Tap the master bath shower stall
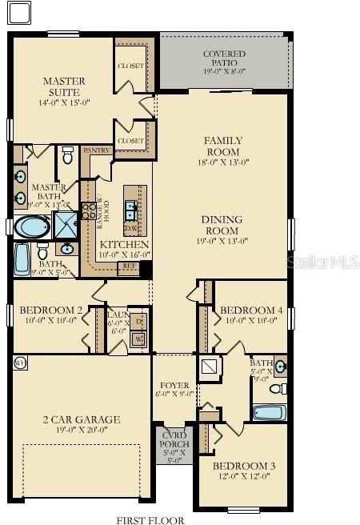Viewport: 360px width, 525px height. tap(63, 223)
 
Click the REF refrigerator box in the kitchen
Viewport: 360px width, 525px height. tap(128, 269)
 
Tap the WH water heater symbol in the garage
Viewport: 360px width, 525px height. tap(20, 363)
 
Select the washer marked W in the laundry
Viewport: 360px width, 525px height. tap(139, 339)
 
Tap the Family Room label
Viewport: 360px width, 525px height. tap(224, 146)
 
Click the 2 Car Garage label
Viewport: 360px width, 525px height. tap(82, 419)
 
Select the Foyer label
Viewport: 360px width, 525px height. tap(174, 385)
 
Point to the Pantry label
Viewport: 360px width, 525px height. tap(96, 150)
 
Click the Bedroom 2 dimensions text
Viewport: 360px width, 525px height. tap(51, 321)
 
